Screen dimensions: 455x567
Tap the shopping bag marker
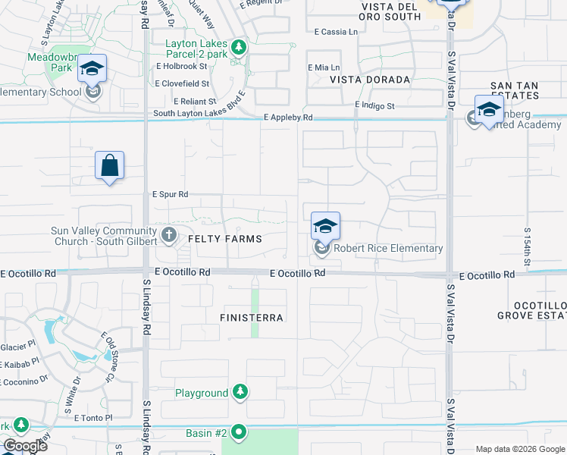(109, 166)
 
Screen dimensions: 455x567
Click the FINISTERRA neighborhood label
(252, 318)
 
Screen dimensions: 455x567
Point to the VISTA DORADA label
(369, 80)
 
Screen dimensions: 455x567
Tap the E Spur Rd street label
(170, 195)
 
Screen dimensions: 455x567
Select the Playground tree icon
(240, 392)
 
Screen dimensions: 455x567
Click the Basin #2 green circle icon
(240, 433)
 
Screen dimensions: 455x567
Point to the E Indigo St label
(374, 105)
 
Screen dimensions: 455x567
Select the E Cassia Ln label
(335, 32)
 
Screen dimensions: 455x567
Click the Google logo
(25, 446)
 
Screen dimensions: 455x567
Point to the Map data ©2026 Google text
(519, 449)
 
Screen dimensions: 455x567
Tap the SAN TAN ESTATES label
(515, 90)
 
